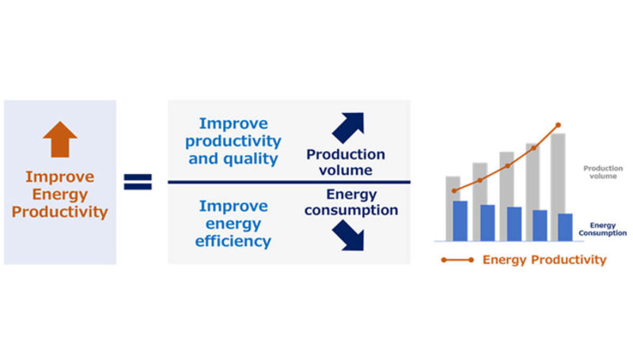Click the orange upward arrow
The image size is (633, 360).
[x=60, y=139]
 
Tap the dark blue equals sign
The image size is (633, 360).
[x=138, y=182]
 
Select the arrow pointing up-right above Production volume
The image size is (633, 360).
[x=348, y=127]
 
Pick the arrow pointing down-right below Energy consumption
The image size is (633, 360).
[x=348, y=235]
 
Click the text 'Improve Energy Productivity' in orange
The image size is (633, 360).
[x=60, y=195]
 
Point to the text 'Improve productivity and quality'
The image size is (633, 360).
[x=233, y=141]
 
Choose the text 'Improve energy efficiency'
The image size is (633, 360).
[x=233, y=224]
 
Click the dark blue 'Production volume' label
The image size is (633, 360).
[x=346, y=162]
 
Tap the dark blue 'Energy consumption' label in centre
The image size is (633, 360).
[x=351, y=203]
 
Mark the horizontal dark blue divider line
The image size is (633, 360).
[x=289, y=183]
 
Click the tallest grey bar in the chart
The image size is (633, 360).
[x=558, y=188]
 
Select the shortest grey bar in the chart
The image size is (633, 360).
[x=453, y=209]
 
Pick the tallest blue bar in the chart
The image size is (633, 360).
[x=461, y=222]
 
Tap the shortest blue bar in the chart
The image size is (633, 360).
[x=565, y=228]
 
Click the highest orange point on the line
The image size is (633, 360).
[x=559, y=125]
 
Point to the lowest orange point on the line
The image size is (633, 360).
[x=454, y=191]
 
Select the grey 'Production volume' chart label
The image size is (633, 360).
[x=603, y=172]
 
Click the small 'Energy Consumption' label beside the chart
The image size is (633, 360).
[x=603, y=229]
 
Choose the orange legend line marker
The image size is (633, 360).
[x=457, y=260]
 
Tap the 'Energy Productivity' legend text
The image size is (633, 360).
[x=544, y=260]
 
